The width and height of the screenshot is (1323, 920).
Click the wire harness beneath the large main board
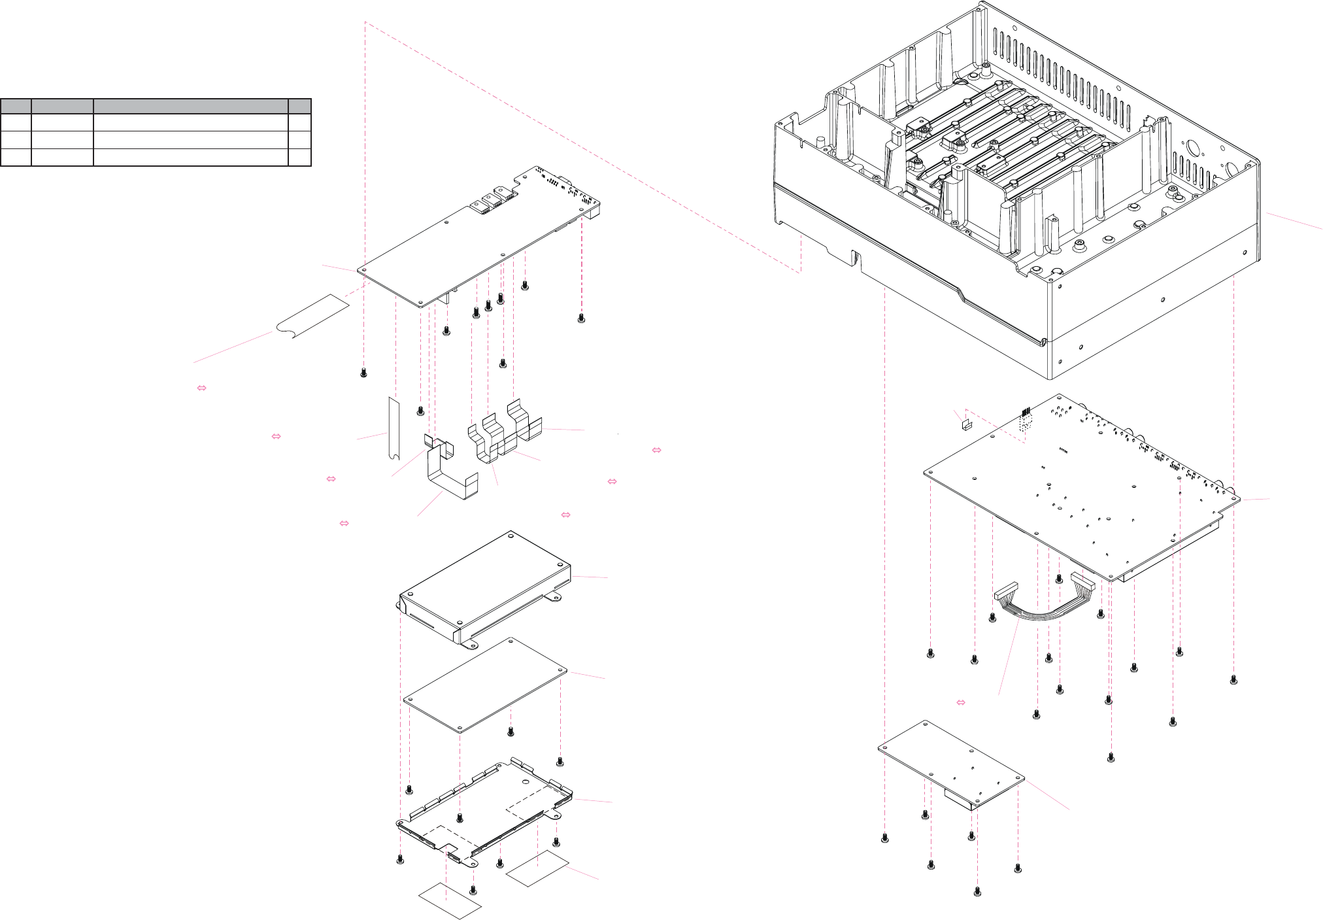pos(1045,605)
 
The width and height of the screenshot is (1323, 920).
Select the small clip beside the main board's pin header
pos(966,424)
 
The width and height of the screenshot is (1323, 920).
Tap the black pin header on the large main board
pos(1025,413)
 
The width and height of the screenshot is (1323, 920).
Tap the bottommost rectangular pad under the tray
pos(450,900)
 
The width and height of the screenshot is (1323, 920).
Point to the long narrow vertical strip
pos(394,428)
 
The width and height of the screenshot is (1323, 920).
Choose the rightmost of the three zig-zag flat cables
pos(524,422)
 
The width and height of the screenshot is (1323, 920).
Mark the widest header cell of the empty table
pos(190,106)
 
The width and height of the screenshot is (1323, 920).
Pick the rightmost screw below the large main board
pos(1233,680)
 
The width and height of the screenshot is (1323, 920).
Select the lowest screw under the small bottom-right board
pos(977,891)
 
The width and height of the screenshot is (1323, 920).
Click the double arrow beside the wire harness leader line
pos(961,702)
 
